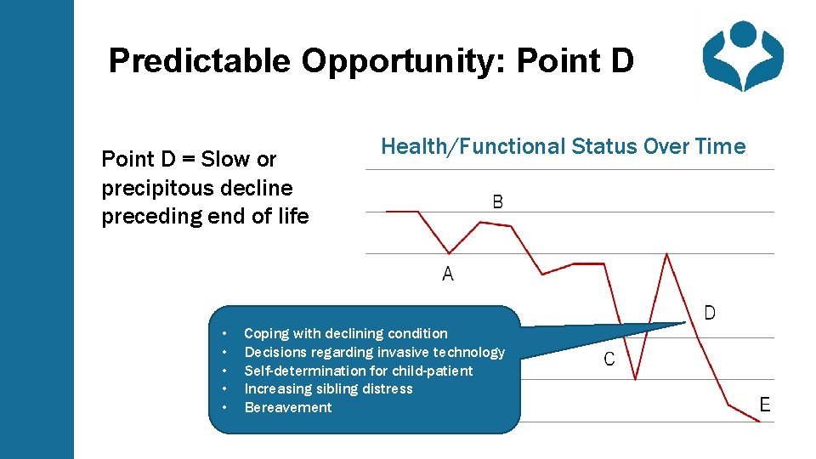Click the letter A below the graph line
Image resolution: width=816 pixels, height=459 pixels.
tap(448, 275)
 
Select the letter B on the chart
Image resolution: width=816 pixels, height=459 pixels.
tap(497, 202)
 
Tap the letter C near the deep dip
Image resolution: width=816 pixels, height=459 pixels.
tap(609, 360)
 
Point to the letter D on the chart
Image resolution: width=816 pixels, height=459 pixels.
tap(710, 313)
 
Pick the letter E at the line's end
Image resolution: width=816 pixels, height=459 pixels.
tap(765, 405)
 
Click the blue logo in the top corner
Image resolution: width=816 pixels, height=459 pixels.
tap(742, 55)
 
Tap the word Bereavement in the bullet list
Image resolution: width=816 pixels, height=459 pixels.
tap(288, 407)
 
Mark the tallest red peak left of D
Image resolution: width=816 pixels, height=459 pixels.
tap(666, 254)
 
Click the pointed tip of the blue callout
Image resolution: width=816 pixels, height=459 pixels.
tap(684, 323)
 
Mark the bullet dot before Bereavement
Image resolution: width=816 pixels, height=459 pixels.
tap(224, 408)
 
